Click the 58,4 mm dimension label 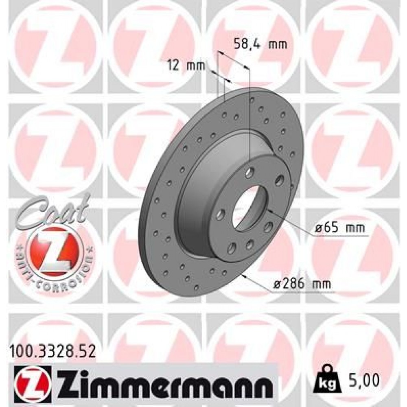pyautogui.click(x=261, y=43)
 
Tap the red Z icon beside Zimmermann pyautogui.click(x=32, y=382)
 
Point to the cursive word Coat pyautogui.click(x=53, y=210)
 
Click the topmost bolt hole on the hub pyautogui.click(x=249, y=172)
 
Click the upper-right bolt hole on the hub pyautogui.click(x=280, y=179)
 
